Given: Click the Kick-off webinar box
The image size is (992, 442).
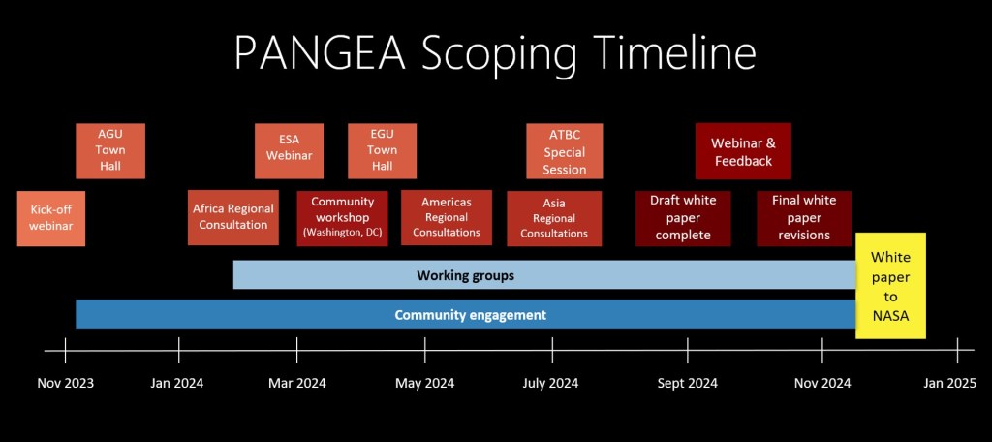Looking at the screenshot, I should (51, 218).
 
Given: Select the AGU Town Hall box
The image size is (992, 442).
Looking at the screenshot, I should (110, 151).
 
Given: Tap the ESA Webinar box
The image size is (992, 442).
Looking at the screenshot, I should (289, 151).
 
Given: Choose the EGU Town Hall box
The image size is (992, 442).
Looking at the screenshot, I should (383, 151).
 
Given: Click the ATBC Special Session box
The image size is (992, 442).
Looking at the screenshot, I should (565, 151).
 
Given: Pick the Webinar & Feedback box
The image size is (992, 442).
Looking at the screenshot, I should (743, 151).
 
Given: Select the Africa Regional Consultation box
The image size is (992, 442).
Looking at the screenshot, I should (232, 217).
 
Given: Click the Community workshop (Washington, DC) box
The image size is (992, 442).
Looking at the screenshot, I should (342, 217).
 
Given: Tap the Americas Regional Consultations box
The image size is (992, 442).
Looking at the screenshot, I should (447, 217).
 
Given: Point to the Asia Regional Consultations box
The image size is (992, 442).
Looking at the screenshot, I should (554, 218).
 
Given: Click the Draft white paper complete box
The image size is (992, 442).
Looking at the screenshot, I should (683, 218).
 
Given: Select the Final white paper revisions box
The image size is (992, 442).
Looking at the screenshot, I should (804, 218).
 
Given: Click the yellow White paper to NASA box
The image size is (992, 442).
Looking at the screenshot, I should (890, 286).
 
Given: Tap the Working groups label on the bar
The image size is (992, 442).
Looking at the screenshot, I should (465, 275).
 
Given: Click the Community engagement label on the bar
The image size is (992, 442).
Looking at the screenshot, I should (470, 315).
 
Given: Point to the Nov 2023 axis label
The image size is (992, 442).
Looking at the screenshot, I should (66, 383).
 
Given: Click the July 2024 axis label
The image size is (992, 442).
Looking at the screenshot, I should (550, 383).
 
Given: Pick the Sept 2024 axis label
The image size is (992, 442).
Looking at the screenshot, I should (687, 383).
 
